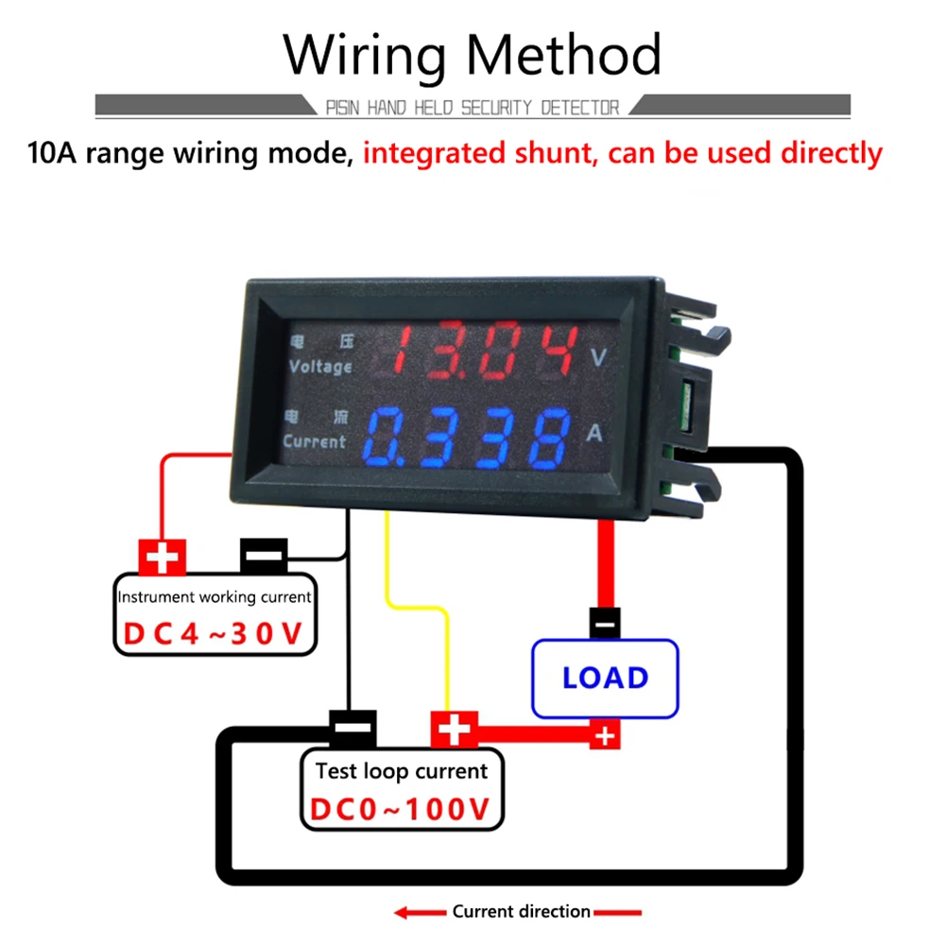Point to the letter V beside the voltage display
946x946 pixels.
(x=597, y=357)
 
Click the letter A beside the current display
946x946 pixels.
(x=594, y=433)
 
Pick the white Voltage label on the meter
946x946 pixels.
(x=320, y=366)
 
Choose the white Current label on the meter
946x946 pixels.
(x=314, y=441)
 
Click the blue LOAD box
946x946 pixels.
(x=605, y=678)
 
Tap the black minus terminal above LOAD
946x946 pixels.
(x=605, y=623)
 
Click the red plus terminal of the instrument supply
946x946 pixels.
(x=163, y=558)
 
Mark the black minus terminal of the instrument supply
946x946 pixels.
(x=264, y=556)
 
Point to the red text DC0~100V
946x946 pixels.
(x=403, y=810)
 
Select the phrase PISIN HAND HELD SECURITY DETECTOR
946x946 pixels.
(x=473, y=108)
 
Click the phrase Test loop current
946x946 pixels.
(x=402, y=771)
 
